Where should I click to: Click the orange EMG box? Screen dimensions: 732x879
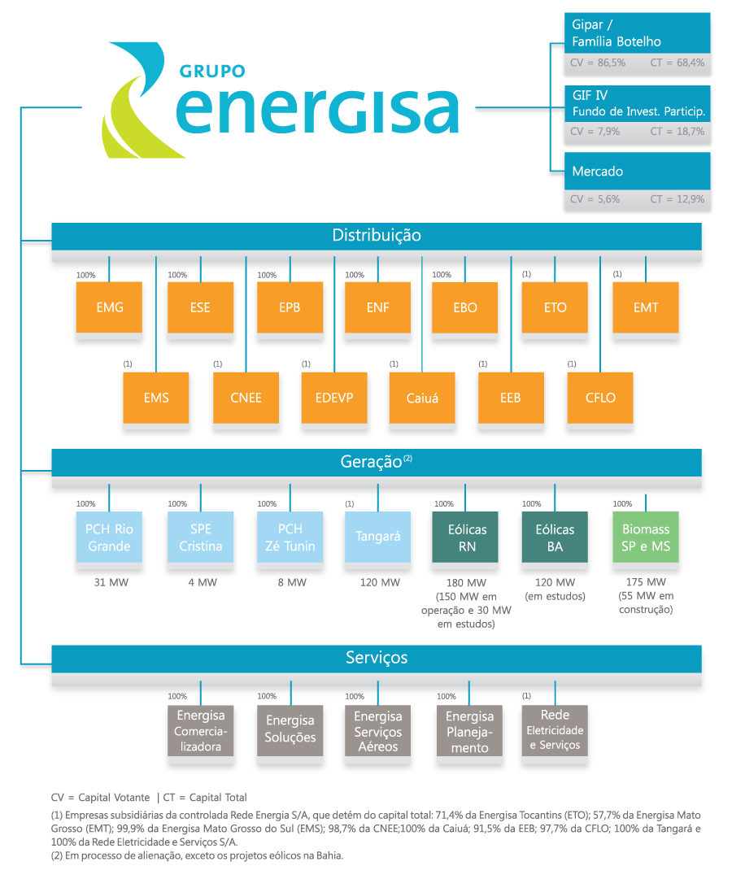tap(109, 307)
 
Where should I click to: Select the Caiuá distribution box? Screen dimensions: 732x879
tap(422, 398)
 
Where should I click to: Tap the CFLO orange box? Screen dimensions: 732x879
tap(600, 398)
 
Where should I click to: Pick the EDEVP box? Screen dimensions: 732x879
tap(334, 398)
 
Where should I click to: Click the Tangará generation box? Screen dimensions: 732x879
tap(377, 537)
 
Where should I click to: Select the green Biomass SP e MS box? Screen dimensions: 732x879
tap(646, 537)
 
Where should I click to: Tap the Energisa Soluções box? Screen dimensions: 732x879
tap(290, 730)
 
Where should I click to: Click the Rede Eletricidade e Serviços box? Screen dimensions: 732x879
tap(555, 730)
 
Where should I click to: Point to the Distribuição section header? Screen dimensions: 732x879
tap(377, 236)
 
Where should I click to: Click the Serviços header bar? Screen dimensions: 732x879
tap(377, 659)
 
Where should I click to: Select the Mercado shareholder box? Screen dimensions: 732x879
tap(637, 171)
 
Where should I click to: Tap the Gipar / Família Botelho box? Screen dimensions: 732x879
tap(637, 33)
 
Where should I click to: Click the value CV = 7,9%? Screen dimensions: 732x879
tap(595, 132)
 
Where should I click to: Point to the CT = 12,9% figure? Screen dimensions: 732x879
tap(677, 199)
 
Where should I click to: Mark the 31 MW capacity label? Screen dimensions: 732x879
tap(111, 582)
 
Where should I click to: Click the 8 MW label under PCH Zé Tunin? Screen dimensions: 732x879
tap(292, 582)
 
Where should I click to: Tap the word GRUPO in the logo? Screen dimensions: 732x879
tap(212, 72)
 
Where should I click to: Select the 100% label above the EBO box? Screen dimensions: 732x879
tap(442, 275)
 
